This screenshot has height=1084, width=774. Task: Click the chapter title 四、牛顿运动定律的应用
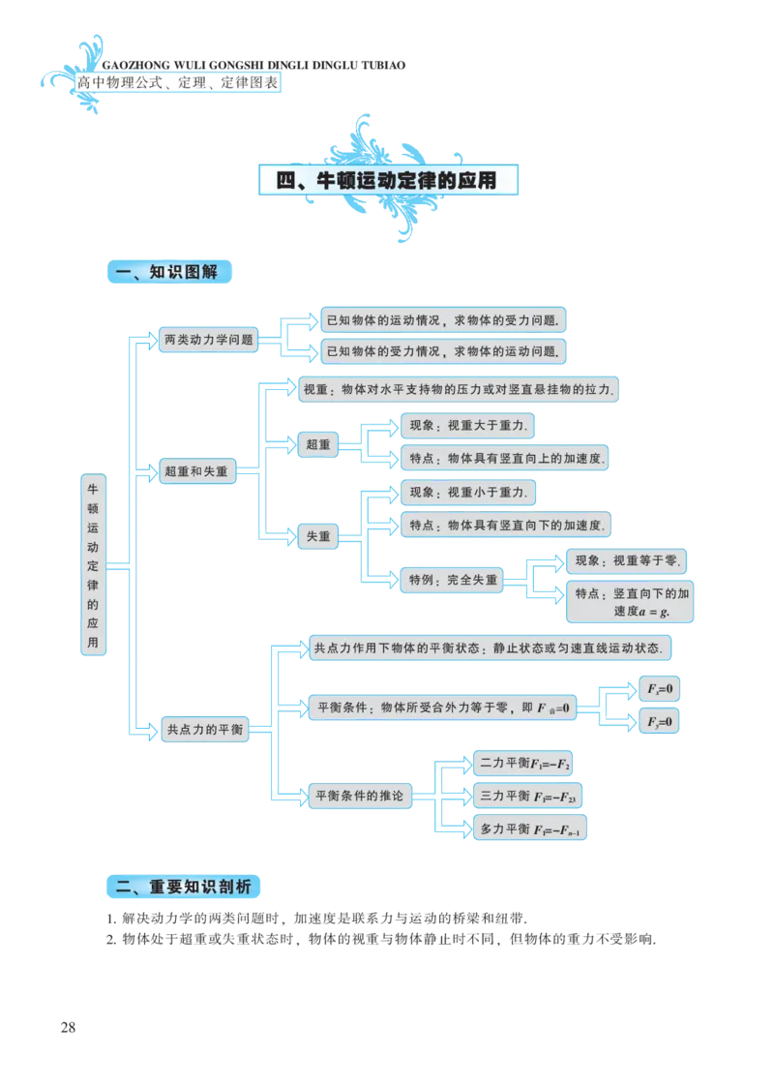(x=386, y=181)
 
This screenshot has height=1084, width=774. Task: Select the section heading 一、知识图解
(x=166, y=273)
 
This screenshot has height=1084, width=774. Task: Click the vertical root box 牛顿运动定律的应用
(x=93, y=565)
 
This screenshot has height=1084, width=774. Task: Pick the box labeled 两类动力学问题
(x=209, y=340)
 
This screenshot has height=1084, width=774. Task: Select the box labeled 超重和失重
(x=196, y=472)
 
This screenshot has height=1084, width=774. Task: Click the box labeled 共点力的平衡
(x=203, y=729)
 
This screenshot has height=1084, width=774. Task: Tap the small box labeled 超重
(x=317, y=445)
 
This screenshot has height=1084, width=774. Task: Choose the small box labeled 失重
(x=317, y=535)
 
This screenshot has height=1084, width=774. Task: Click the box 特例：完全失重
(x=453, y=581)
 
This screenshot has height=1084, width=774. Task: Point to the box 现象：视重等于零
(x=625, y=560)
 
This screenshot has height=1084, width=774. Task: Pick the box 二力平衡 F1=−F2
(x=524, y=765)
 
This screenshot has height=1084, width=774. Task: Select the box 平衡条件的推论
(x=359, y=797)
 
